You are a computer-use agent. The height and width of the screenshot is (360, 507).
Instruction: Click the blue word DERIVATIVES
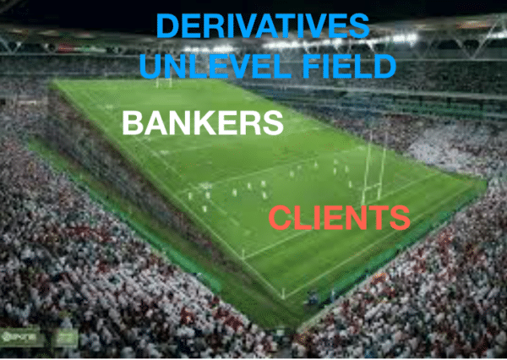coord(263,26)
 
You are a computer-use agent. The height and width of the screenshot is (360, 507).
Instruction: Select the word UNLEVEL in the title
coord(215,66)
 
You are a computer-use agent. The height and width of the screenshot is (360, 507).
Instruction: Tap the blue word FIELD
coord(350,66)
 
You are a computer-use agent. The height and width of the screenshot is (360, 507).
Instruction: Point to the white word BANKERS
coord(203,123)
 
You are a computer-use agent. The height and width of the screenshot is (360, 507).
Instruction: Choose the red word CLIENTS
coord(340,218)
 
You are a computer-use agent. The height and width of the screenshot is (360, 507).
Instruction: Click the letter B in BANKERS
coord(133,123)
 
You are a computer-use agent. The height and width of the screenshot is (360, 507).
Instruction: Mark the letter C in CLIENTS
coord(280,218)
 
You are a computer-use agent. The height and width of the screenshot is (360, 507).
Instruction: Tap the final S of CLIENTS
coord(400,218)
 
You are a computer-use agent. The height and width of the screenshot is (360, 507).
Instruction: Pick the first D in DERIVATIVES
coord(167,26)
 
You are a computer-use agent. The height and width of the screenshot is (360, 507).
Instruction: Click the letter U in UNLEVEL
coord(150,67)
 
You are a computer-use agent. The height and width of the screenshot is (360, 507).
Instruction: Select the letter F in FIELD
coord(312,66)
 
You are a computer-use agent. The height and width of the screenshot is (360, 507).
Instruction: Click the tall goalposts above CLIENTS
coord(373,168)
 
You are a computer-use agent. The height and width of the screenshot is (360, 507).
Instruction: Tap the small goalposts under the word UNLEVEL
coord(164,83)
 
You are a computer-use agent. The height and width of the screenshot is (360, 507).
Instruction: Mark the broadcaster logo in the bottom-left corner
coord(20,338)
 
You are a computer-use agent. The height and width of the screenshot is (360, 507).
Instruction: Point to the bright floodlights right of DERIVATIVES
coord(401,40)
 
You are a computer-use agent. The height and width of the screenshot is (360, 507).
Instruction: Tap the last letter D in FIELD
coord(385,66)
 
